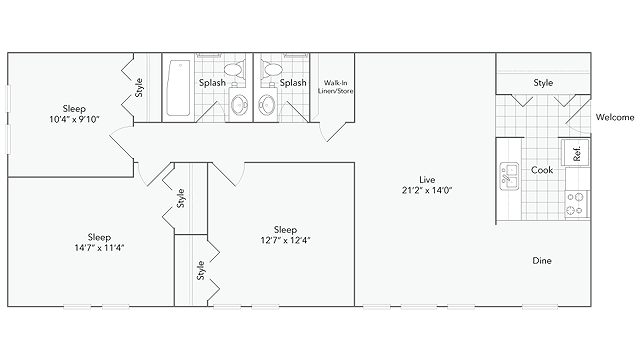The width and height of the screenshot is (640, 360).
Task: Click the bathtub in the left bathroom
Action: click(x=178, y=88)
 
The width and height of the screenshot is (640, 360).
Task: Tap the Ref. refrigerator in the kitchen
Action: click(x=576, y=152)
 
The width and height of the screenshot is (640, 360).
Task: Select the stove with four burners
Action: click(x=577, y=204)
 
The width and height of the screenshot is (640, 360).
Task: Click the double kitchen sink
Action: click(x=509, y=176)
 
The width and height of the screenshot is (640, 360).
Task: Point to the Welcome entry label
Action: click(x=615, y=118)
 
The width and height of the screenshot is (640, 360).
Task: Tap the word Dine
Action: click(x=542, y=260)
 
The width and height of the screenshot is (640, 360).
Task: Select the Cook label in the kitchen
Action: click(x=542, y=170)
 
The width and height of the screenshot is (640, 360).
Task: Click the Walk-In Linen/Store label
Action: click(x=336, y=87)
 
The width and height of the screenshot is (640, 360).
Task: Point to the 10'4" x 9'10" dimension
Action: click(x=74, y=119)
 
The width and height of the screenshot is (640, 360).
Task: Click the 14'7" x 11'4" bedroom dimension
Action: click(x=99, y=247)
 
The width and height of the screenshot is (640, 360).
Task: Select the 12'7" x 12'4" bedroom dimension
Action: click(x=285, y=240)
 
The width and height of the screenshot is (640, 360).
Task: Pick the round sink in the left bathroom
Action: click(x=240, y=104)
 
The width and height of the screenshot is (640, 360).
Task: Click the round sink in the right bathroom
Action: click(x=267, y=104)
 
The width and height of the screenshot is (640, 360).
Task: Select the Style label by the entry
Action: click(x=543, y=83)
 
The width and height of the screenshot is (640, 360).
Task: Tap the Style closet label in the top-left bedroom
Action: click(x=139, y=88)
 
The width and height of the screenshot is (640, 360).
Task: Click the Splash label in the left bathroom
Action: click(x=212, y=83)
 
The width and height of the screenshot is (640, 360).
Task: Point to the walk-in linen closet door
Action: click(x=337, y=131)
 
